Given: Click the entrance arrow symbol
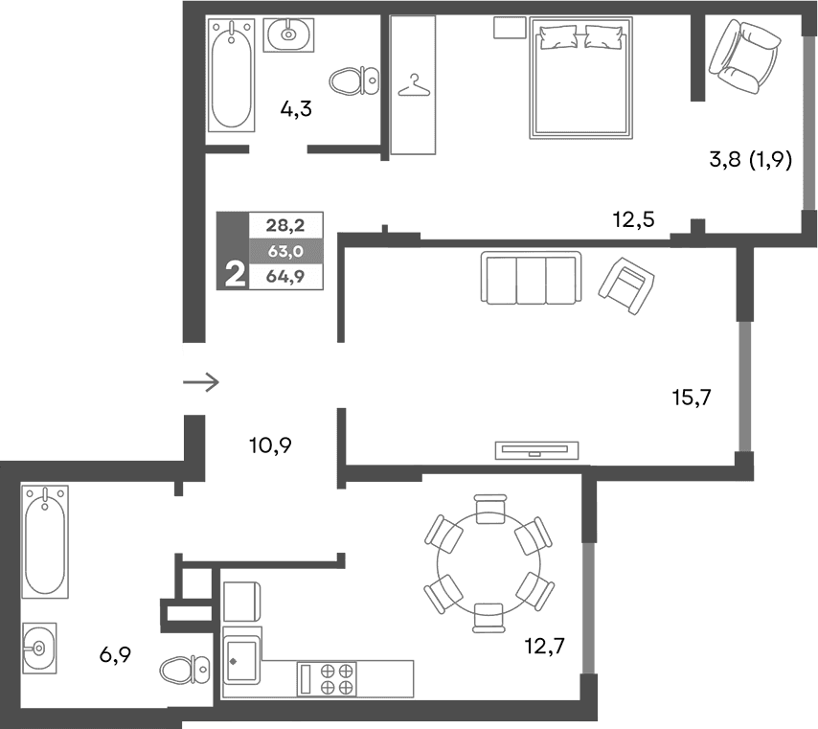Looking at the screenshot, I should coord(201,382).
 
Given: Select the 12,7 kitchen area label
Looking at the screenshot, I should coord(545,645).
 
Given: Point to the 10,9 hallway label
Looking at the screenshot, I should coord(269,444).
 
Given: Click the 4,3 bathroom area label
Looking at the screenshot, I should coord(296,108).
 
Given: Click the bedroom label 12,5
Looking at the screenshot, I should coord(633,220).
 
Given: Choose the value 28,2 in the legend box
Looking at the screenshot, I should coord(284,226).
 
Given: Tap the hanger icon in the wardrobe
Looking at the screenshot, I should coord(414,86).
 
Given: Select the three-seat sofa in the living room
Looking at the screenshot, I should coord(532,278).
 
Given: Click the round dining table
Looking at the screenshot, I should coord(489,562).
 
